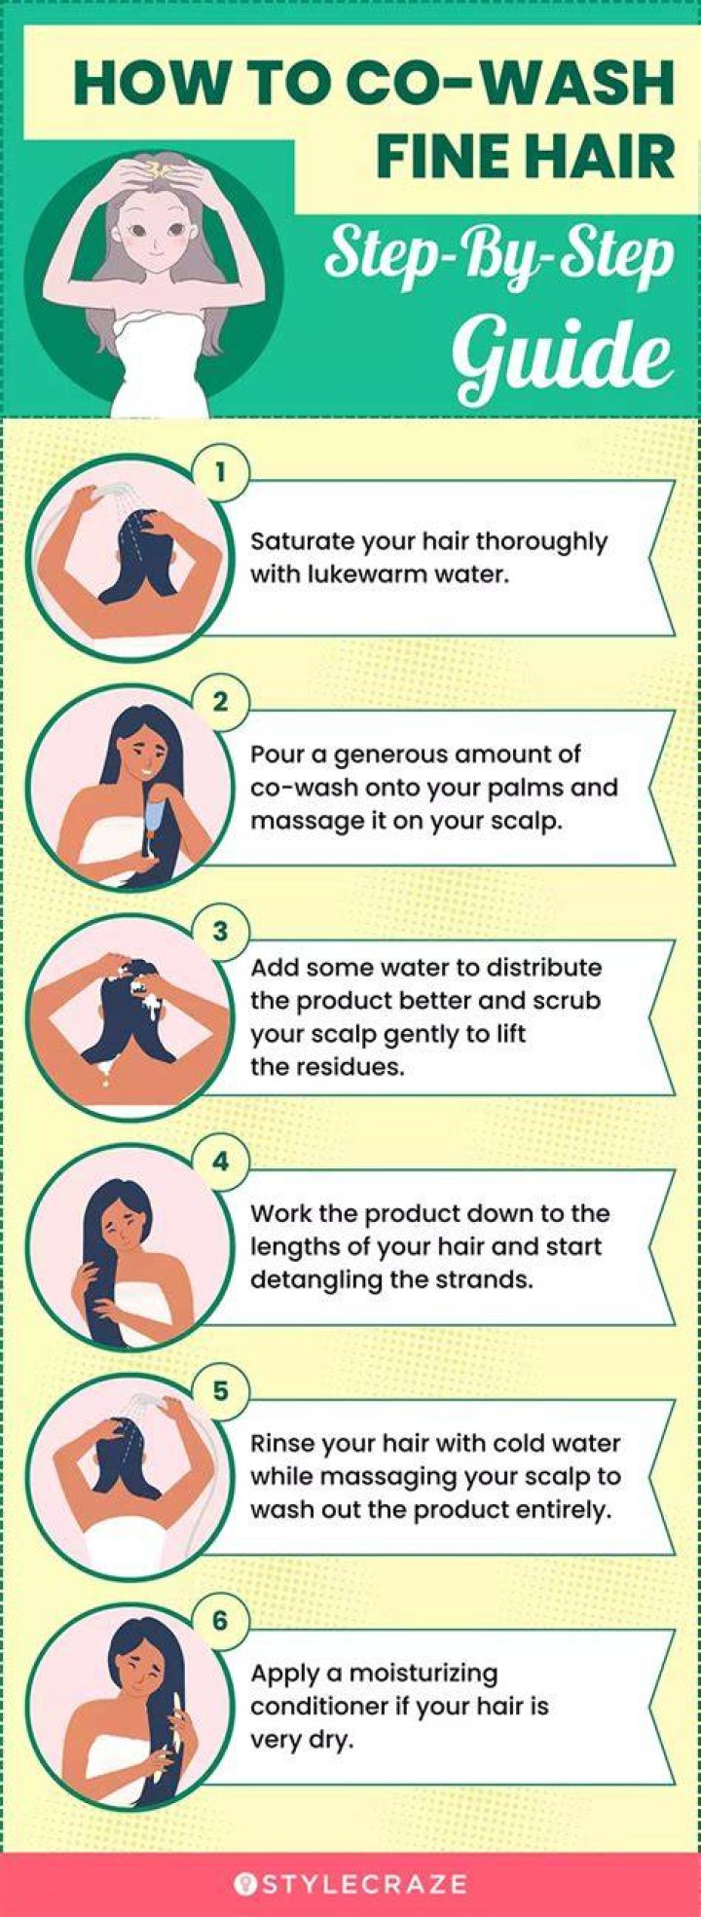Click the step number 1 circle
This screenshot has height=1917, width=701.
[221, 472]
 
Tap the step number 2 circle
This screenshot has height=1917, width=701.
[221, 702]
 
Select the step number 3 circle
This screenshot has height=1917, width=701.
[221, 932]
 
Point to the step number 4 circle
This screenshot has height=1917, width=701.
[221, 1161]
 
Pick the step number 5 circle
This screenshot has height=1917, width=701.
[221, 1391]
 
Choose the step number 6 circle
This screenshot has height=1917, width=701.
[221, 1621]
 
